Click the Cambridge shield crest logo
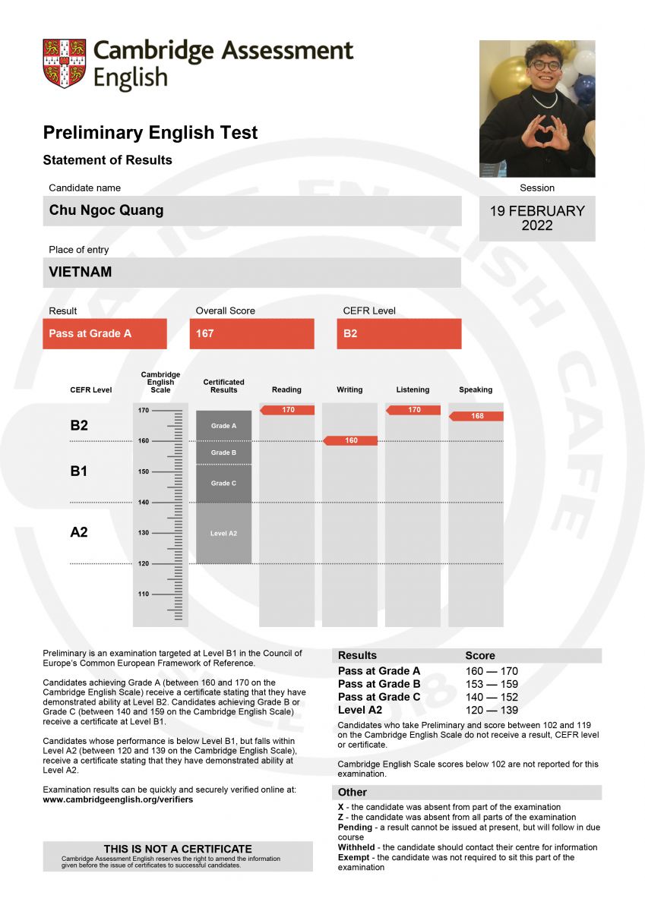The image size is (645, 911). coord(64,64)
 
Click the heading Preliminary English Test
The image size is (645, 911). coord(150,133)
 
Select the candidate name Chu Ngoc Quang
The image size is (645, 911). coord(106,210)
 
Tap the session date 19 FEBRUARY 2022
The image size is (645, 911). coord(537,218)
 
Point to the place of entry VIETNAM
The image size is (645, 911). coord(81,272)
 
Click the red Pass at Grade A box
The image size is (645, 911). coord(104,333)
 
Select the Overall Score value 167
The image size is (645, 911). coord(205,333)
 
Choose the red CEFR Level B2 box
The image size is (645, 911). coord(350,333)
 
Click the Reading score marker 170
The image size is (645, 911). coord(288,410)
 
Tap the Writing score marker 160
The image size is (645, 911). coord(351,440)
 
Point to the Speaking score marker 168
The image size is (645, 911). coord(477,416)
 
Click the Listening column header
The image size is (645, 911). coord(413,389)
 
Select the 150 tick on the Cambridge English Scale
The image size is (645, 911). coord(144,471)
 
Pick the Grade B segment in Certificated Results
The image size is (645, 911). coord(223,452)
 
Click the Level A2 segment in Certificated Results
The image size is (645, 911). coord(223,533)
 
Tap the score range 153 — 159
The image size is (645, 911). coord(492,684)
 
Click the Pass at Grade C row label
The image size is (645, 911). coord(379,697)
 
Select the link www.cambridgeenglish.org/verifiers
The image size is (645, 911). coord(118,799)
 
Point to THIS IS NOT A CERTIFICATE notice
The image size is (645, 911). coord(178,849)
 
